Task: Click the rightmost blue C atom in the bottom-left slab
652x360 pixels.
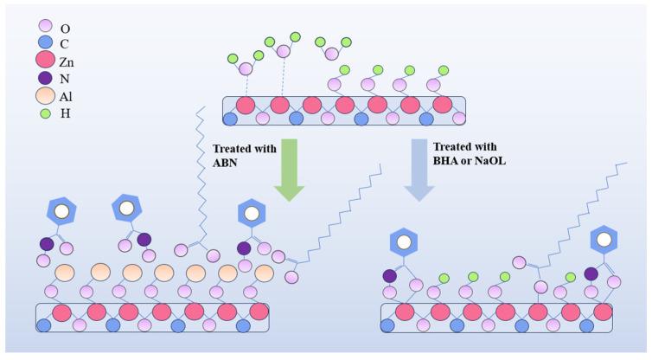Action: (243, 325)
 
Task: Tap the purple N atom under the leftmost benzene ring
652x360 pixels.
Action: (48, 244)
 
